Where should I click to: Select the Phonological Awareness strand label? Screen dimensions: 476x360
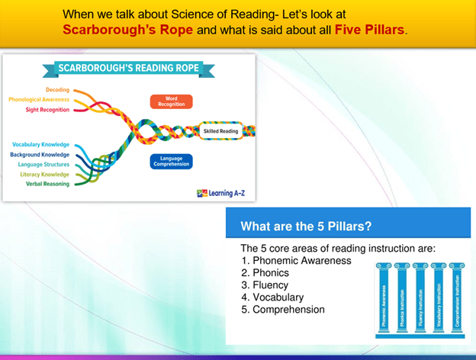click(39, 99)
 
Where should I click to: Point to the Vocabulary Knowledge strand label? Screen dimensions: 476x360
click(40, 144)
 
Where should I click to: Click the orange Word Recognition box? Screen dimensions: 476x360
click(171, 101)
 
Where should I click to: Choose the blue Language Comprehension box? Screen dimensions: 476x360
click(171, 161)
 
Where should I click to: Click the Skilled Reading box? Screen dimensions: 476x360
click(221, 131)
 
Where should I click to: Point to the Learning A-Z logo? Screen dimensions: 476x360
click(221, 193)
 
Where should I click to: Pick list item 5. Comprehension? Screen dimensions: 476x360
click(283, 310)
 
